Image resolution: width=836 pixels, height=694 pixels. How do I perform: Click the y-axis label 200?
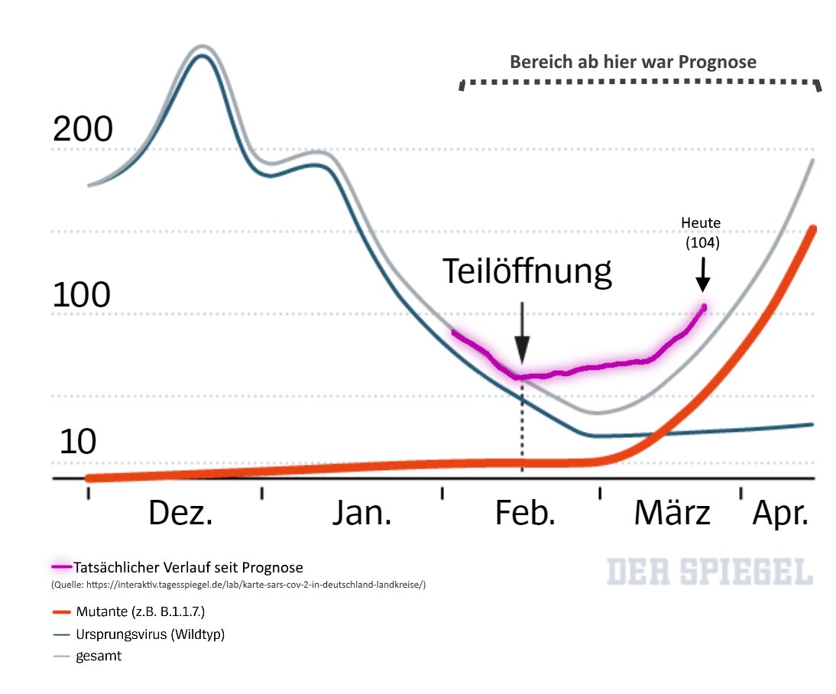coord(83,130)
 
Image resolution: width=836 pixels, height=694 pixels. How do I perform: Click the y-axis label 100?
coord(82,295)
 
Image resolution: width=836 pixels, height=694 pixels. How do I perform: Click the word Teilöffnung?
coord(527,271)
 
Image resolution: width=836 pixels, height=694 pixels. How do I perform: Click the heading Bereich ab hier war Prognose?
coord(633,62)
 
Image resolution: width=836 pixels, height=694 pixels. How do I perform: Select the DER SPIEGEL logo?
coord(710,572)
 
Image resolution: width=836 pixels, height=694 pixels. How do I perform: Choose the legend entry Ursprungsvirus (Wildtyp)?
coord(150,634)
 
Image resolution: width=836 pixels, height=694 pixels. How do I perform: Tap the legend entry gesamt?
coord(98,656)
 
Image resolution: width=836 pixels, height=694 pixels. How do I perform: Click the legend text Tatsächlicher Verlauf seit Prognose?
coord(188,567)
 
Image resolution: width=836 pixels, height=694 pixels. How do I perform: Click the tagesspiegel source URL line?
coord(238,585)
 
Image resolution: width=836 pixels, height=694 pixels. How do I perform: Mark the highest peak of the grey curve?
coord(202,46)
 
